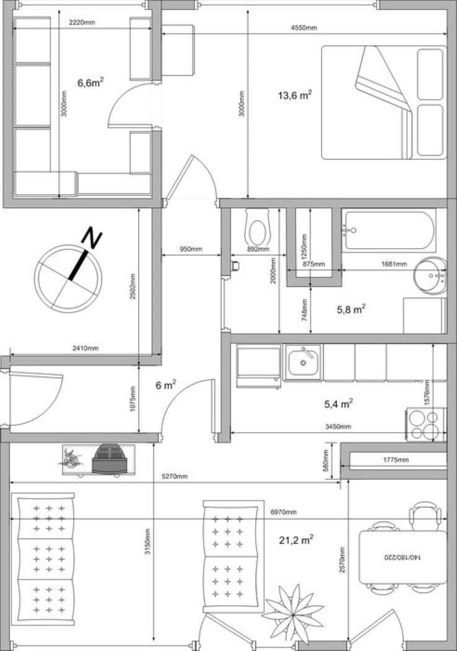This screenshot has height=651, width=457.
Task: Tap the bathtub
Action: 389,230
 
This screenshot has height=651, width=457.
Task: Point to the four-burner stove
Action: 425,424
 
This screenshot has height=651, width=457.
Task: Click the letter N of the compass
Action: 93,239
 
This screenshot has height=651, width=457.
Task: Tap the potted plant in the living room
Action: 293,611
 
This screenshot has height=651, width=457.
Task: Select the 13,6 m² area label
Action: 295,95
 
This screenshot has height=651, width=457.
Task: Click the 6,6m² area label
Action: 90,82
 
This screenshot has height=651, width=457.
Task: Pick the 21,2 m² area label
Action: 295,540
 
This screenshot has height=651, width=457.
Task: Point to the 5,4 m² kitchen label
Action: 339,404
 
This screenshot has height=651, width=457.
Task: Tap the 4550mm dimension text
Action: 303,28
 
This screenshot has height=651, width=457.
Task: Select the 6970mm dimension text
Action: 284,512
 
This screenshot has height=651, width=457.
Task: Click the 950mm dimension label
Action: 191,250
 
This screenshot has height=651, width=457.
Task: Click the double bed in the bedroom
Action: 383,102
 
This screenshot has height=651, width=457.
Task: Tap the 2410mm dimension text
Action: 85,348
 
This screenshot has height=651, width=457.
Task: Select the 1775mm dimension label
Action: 396,460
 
